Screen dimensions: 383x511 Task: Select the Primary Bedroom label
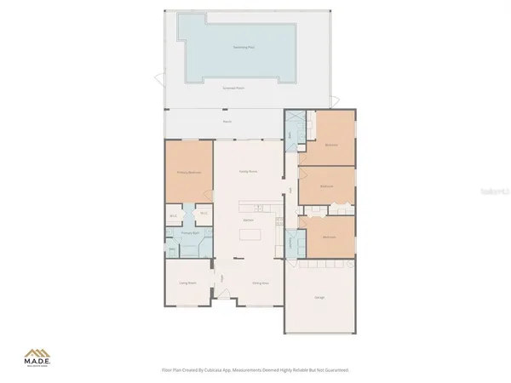pyautogui.click(x=188, y=173)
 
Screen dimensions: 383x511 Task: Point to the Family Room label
pyautogui.click(x=249, y=171)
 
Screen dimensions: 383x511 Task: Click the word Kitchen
pyautogui.click(x=249, y=220)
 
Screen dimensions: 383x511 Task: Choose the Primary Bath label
pyautogui.click(x=190, y=232)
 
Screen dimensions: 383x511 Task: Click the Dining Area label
pyautogui.click(x=261, y=283)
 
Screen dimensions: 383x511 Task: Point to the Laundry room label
pyautogui.click(x=290, y=243)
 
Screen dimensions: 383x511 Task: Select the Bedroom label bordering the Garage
pyautogui.click(x=330, y=237)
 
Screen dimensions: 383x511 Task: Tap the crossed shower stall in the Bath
pyautogui.click(x=290, y=119)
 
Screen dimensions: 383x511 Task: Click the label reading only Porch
pyautogui.click(x=227, y=122)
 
